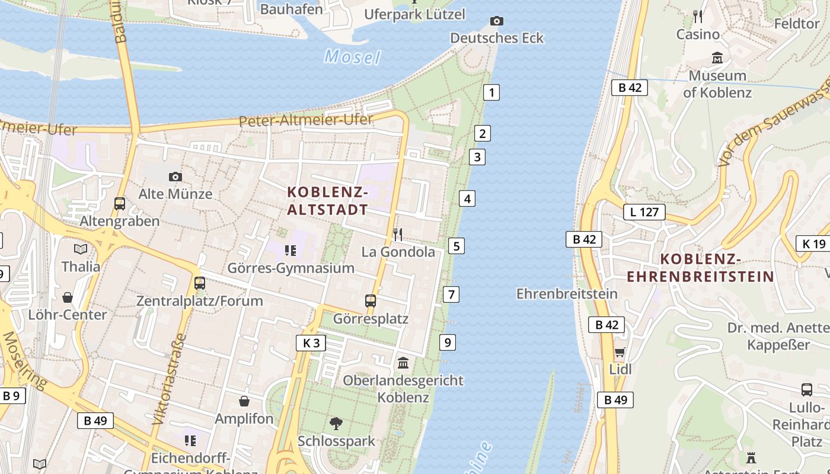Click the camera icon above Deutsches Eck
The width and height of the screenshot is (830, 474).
tap(497, 21)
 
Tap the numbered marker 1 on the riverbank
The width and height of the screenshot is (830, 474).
tap(491, 92)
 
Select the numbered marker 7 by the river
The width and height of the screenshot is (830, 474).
tap(451, 294)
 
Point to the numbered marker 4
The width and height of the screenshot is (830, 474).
tap(467, 198)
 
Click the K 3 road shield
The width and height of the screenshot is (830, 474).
tap(311, 343)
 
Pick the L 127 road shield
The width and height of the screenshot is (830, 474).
tap(644, 212)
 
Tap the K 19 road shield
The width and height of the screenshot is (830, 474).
tap(814, 244)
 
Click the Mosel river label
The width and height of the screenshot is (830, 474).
tap(352, 57)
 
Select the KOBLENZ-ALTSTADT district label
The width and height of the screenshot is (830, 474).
tap(328, 201)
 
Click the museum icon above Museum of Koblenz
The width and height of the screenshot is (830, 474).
tap(717, 58)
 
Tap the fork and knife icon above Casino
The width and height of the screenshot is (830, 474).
tap(698, 16)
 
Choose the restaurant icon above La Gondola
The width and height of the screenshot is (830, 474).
tap(398, 235)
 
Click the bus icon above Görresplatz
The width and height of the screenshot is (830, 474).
tap(371, 301)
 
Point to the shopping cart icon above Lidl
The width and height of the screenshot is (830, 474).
tap(620, 353)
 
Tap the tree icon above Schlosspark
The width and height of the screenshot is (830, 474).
tap(336, 423)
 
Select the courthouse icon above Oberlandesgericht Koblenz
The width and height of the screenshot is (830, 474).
tap(403, 362)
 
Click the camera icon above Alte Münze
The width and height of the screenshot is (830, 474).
tap(175, 177)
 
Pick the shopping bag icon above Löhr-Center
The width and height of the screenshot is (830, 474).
tap(68, 297)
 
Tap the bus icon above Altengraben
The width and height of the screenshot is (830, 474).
tap(120, 204)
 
